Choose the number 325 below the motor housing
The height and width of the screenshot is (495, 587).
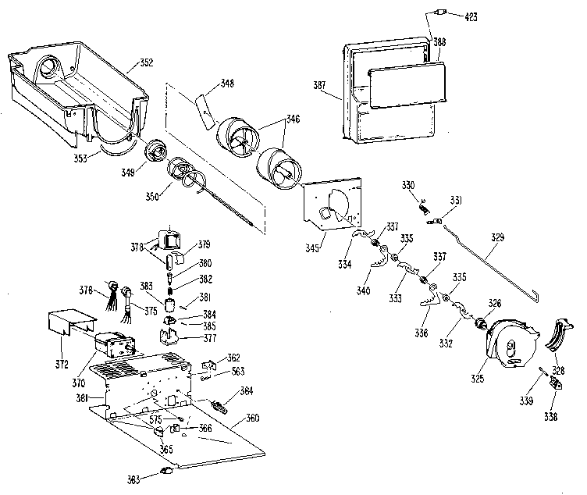pyautogui.click(x=477, y=379)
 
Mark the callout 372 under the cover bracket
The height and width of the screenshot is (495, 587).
pyautogui.click(x=62, y=364)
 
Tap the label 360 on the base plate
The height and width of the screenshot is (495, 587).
pyautogui.click(x=252, y=418)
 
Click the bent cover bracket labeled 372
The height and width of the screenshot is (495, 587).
pyautogui.click(x=72, y=321)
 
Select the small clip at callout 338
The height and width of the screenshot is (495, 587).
pyautogui.click(x=556, y=383)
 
